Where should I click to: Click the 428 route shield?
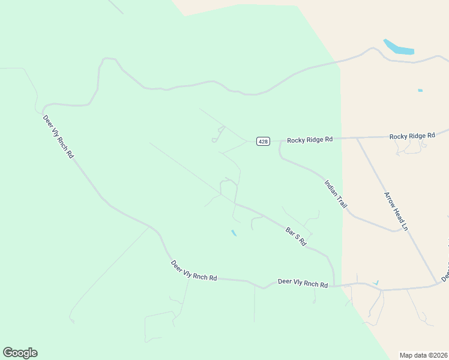(x=263, y=141)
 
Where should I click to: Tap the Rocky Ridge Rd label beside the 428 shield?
(x=310, y=140)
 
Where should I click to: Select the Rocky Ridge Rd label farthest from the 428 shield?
(x=412, y=136)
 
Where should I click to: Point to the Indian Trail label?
(x=336, y=194)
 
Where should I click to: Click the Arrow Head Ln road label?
(x=396, y=211)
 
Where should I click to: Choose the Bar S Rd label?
(x=296, y=236)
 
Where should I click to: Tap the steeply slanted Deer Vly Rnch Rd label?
(x=58, y=136)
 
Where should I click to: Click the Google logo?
(x=20, y=353)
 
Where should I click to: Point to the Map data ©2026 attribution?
(x=424, y=355)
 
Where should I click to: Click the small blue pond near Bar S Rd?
(x=234, y=233)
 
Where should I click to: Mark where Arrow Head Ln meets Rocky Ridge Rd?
(x=357, y=138)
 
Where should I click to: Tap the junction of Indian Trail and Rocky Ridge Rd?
(x=280, y=142)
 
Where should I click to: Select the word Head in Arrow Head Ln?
(x=396, y=211)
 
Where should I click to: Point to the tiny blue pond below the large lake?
(x=420, y=91)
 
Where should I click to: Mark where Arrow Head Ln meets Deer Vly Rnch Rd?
(x=436, y=283)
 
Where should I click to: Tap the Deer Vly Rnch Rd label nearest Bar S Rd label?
(x=303, y=283)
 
